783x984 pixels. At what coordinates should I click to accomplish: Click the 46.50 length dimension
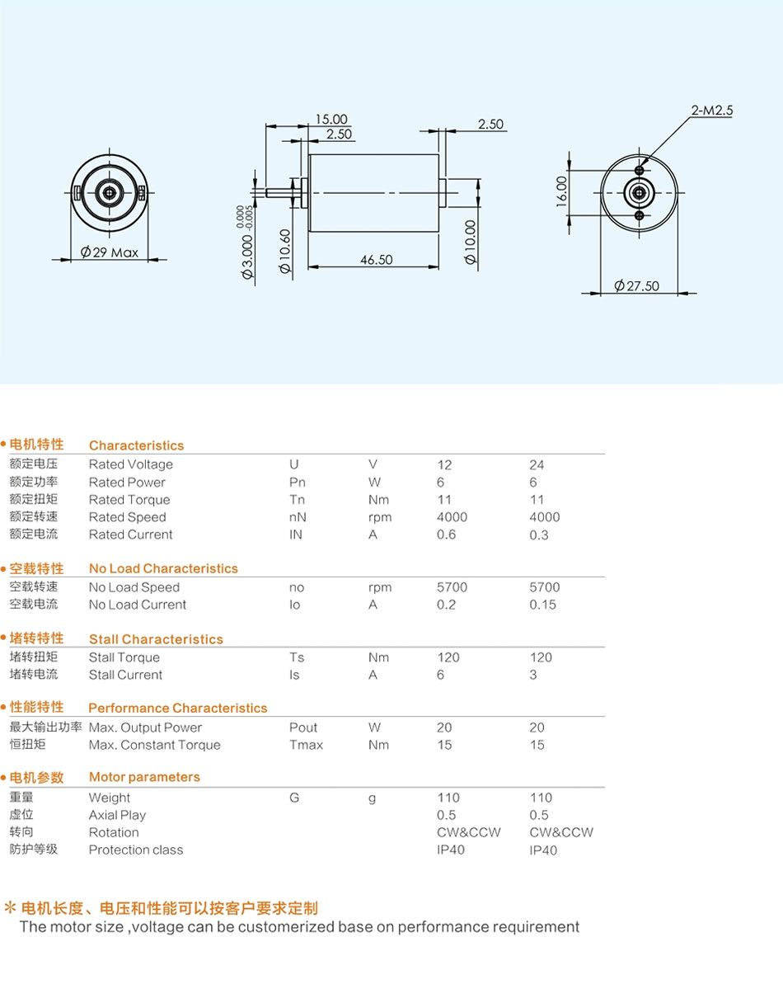(x=376, y=259)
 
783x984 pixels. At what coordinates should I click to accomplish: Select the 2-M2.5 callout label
(x=711, y=110)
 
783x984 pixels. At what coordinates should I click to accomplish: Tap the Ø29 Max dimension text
(x=109, y=252)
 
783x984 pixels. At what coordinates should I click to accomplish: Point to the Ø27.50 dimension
(x=636, y=286)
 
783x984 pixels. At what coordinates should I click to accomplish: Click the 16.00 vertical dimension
(x=561, y=191)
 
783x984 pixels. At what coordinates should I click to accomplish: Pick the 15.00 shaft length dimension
(x=331, y=119)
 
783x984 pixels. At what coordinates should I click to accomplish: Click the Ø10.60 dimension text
(x=284, y=251)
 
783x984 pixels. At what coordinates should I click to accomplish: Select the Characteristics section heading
(x=136, y=445)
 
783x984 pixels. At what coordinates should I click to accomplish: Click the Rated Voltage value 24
(x=537, y=464)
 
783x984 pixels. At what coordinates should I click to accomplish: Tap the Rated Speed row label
(x=127, y=517)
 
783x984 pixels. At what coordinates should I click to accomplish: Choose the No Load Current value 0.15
(x=542, y=605)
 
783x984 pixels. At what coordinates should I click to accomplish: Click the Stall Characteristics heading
(x=156, y=639)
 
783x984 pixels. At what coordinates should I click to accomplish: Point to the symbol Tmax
(x=306, y=745)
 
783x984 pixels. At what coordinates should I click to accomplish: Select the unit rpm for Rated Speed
(x=380, y=518)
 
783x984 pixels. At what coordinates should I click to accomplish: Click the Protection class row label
(x=136, y=850)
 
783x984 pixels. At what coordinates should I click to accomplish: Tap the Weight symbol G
(x=294, y=798)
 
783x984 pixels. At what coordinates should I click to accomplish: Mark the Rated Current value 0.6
(x=447, y=534)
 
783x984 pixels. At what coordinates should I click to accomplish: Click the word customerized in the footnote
(x=286, y=927)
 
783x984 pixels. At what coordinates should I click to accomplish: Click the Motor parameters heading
(x=144, y=777)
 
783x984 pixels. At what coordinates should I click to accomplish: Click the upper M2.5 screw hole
(x=639, y=170)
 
